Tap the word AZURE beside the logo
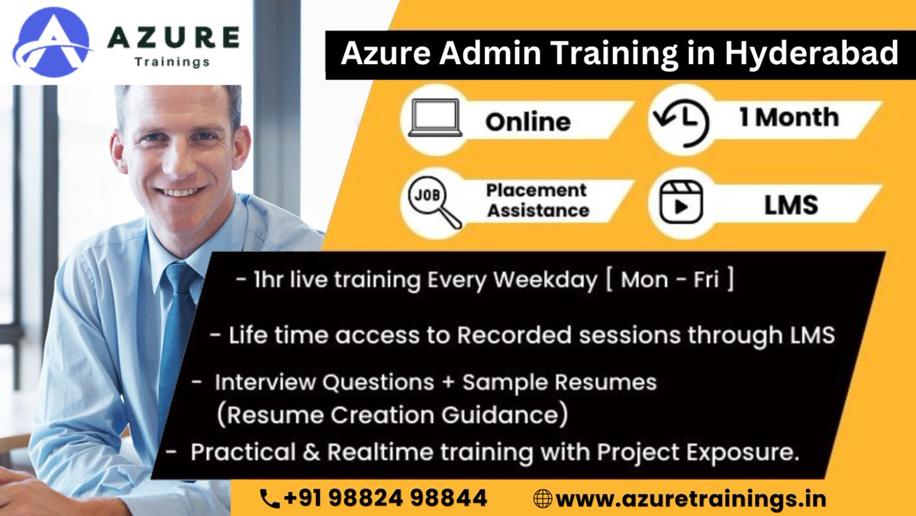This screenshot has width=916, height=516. [x=173, y=36]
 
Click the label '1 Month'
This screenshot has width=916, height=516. [x=788, y=118]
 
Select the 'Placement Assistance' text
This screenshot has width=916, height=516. [x=537, y=200]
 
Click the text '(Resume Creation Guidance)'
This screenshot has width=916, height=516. [x=392, y=415]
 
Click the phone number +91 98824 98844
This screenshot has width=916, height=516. [x=385, y=498]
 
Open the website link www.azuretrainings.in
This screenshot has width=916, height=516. [x=691, y=499]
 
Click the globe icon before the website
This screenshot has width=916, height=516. [x=543, y=499]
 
